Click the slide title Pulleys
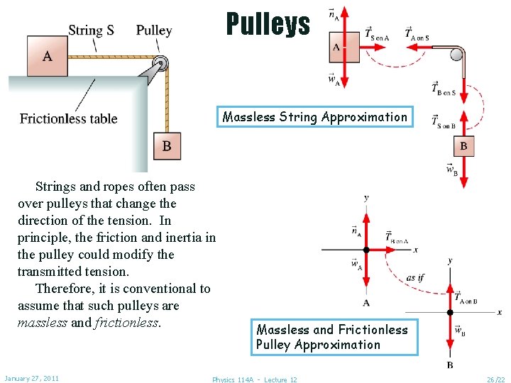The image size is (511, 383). pos(268,23)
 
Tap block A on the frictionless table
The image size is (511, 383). pos(48,55)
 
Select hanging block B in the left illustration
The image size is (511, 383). pos(166,146)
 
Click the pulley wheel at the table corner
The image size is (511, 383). pos(163,63)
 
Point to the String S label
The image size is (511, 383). pos(91,30)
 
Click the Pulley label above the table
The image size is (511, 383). pos(154,30)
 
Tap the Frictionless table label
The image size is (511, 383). pos(69,118)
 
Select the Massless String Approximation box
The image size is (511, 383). pos(314,117)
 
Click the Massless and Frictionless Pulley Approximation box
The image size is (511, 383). pos(331,337)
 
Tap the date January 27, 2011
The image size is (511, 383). pos(31,378)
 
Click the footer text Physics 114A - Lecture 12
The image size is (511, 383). pos(255,379)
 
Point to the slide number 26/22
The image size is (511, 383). pos(495,379)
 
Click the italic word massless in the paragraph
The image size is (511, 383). pos(43,323)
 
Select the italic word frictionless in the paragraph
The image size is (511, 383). pos(127,323)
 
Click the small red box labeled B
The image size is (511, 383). pos(463,146)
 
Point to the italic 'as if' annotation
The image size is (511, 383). pos(415,277)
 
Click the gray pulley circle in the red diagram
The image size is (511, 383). pos(456,54)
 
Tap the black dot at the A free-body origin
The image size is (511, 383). pos(366,250)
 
